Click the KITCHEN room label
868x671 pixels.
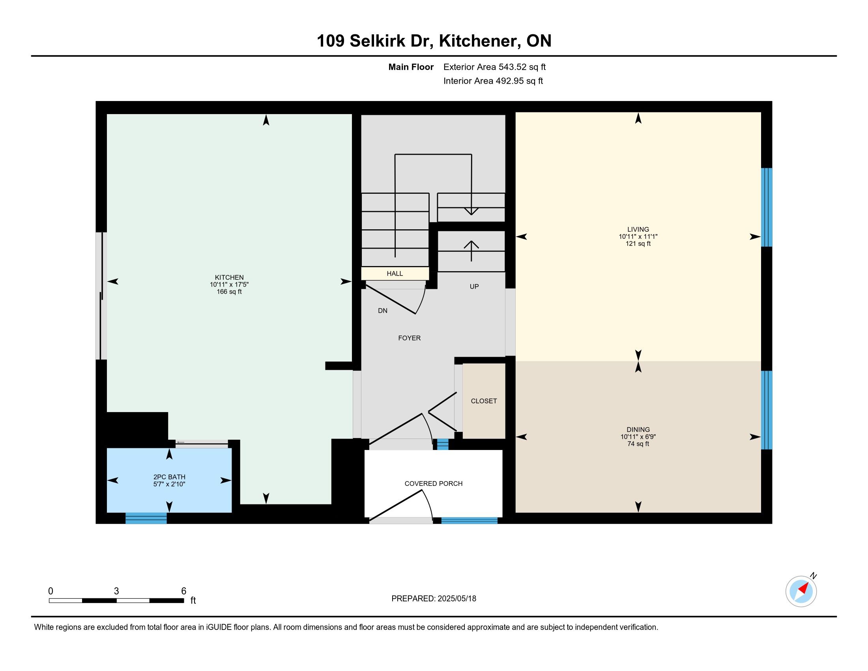tap(229, 277)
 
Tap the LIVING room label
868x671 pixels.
tap(638, 229)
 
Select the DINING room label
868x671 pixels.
tap(638, 429)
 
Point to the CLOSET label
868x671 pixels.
tap(484, 401)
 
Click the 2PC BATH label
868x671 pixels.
tap(169, 477)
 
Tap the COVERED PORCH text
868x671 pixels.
tap(434, 484)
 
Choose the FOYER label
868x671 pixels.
tap(410, 338)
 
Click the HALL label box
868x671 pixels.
tap(395, 274)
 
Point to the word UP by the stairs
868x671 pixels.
tap(474, 287)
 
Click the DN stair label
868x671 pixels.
tap(383, 311)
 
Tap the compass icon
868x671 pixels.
tap(801, 591)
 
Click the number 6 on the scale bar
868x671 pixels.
tap(183, 591)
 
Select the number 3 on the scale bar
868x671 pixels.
tap(116, 591)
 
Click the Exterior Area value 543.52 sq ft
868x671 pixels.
tap(522, 67)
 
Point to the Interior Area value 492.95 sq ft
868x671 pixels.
tap(519, 81)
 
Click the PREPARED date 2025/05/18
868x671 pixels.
tap(456, 598)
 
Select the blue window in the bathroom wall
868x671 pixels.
tap(146, 518)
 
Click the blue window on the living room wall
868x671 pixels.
tap(767, 207)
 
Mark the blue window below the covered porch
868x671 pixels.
tap(470, 520)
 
